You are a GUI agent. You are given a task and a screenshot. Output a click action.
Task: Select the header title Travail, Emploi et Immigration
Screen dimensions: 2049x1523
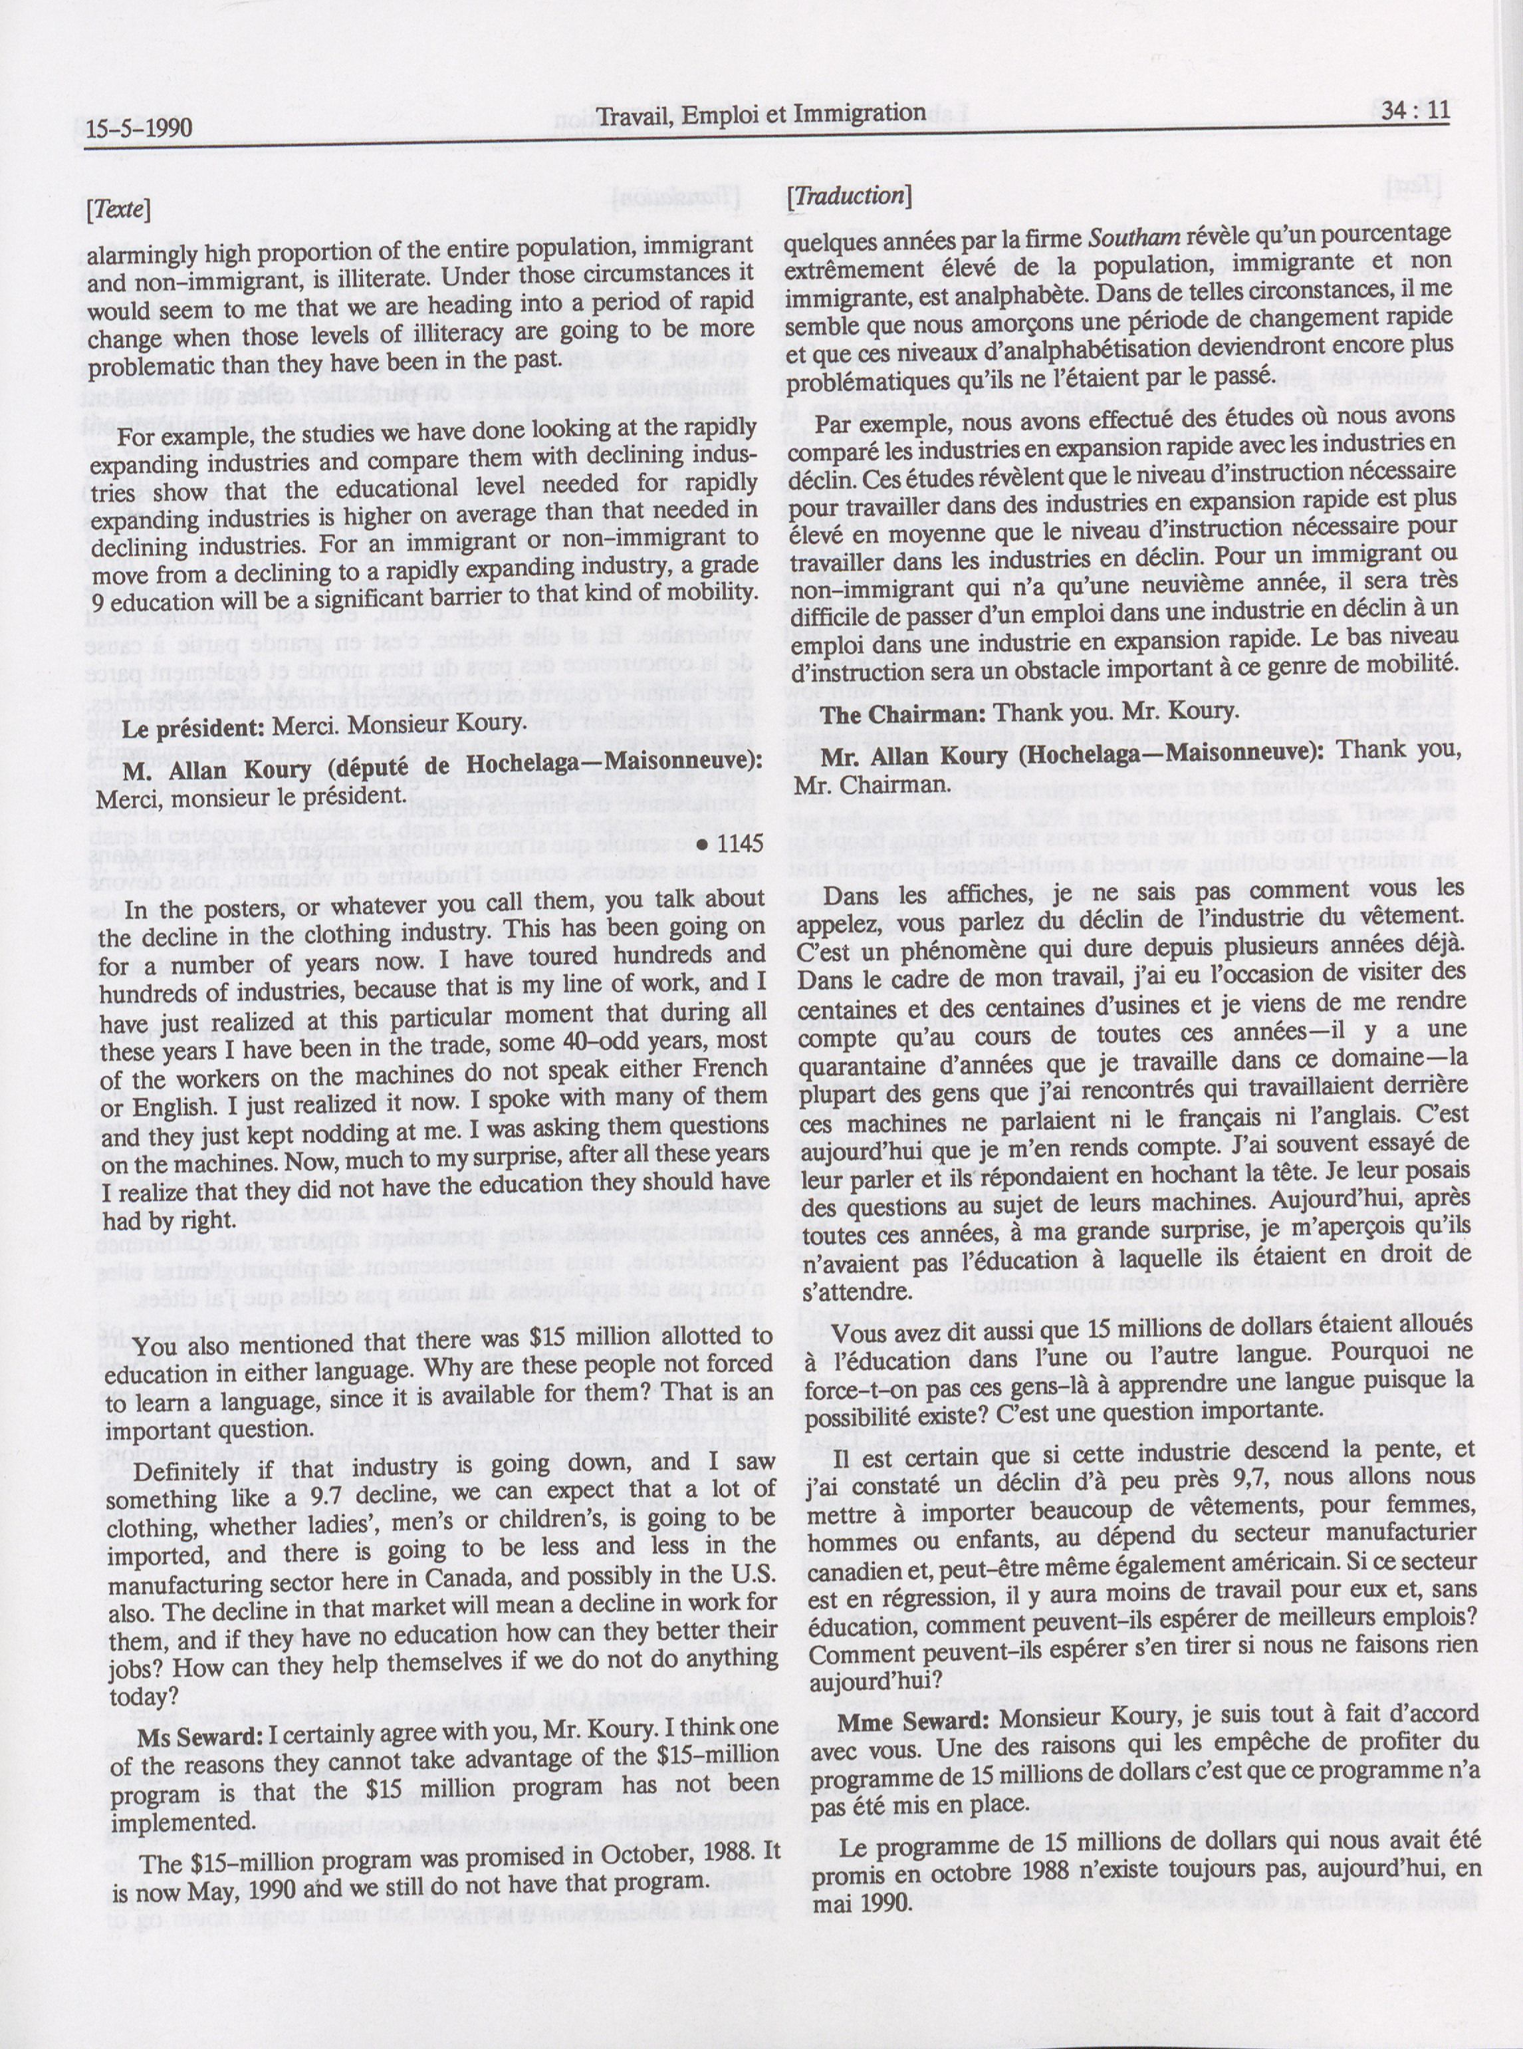761,114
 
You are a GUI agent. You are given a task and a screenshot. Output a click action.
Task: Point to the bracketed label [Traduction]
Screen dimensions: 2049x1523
849,196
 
